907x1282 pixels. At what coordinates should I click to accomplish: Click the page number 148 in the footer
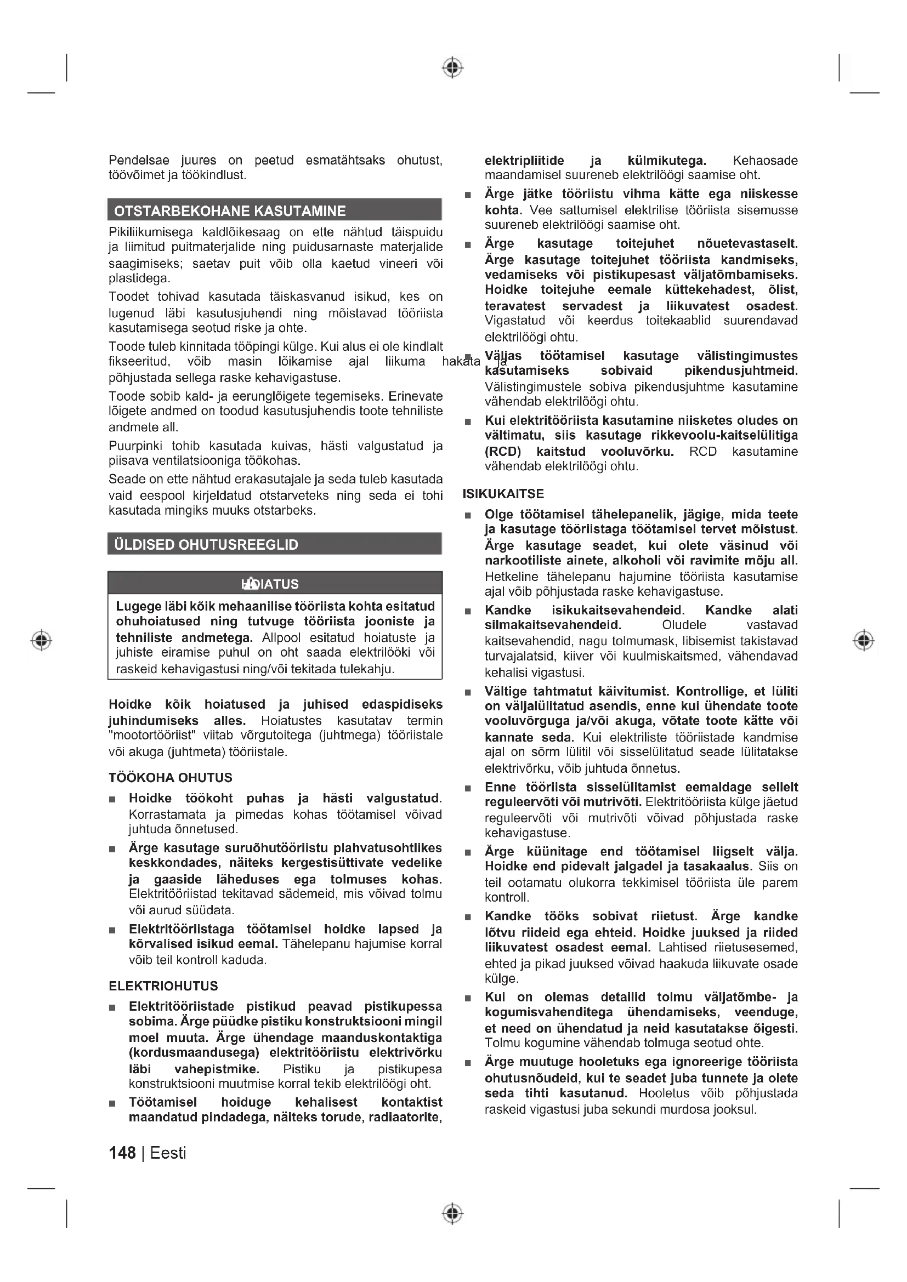[122, 1153]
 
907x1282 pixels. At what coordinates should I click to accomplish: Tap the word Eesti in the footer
[168, 1153]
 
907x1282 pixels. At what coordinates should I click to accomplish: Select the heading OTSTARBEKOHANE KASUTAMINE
[230, 211]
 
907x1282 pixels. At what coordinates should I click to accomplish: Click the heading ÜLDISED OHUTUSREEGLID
[206, 544]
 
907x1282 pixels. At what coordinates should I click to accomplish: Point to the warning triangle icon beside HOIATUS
[250, 584]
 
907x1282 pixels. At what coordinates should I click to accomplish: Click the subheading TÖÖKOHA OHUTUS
[171, 777]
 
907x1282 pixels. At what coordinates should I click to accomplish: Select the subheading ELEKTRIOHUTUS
[163, 985]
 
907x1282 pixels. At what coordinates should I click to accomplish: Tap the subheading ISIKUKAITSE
[503, 494]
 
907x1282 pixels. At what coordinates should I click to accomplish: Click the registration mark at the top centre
[453, 67]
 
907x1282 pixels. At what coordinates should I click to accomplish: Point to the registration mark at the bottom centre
[453, 1213]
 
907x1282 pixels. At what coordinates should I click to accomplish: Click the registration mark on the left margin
[42, 640]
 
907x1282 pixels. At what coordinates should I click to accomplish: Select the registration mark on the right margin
[864, 640]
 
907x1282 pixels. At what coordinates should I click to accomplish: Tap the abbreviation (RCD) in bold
[503, 452]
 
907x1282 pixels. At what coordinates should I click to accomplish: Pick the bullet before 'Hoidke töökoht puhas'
[112, 800]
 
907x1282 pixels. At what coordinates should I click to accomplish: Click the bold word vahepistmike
[217, 1069]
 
